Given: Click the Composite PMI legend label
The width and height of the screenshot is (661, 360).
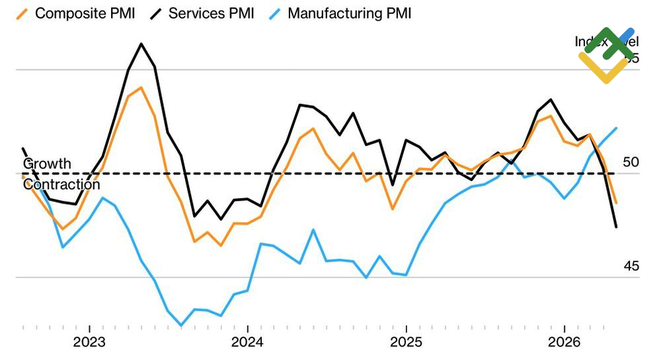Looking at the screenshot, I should point(85,13).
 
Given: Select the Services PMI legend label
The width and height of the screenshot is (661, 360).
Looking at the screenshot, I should point(211,13).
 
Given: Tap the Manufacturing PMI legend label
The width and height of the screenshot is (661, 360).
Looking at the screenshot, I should point(349,13).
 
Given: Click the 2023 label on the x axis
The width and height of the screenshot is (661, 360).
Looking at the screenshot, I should point(89,342).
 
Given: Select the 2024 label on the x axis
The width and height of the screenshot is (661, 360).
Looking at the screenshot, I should point(247,342).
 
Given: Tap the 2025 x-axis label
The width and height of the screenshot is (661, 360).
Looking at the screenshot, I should point(406,342).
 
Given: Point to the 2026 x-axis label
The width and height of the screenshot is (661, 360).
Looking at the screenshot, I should point(564,342).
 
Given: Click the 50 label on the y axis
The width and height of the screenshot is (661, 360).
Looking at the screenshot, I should point(631,162).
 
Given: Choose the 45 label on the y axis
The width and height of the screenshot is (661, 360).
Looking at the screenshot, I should point(631,266).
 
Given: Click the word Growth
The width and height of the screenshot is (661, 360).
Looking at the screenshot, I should point(47,164).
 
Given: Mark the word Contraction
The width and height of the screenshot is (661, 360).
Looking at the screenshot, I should point(61,184).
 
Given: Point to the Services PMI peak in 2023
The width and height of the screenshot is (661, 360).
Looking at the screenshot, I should point(141,44).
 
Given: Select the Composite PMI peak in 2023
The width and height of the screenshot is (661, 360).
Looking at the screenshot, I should point(141,87).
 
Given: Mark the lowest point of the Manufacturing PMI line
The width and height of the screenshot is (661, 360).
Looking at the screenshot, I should point(181,325).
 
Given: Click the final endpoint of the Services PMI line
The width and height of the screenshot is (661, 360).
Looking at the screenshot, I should point(616,227).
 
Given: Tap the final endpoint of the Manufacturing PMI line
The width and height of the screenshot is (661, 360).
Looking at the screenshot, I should point(617,128).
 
